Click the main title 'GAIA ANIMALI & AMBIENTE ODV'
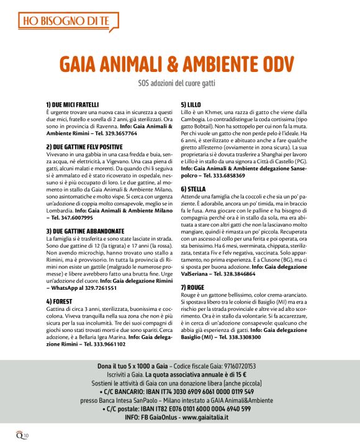click(179, 65)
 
